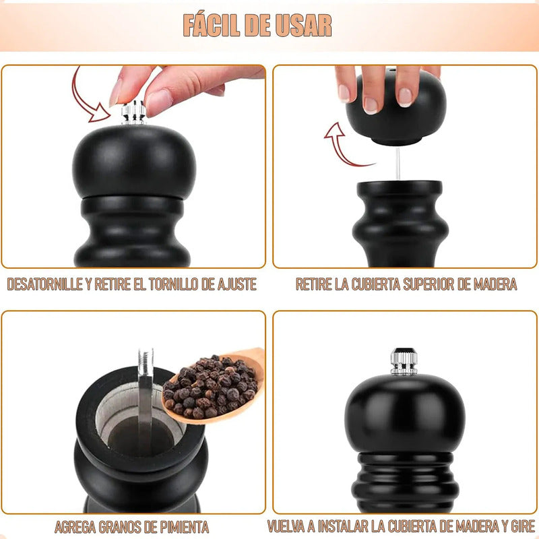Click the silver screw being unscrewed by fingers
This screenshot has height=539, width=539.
(x=133, y=113)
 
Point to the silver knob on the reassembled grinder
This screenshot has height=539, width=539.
(x=404, y=361)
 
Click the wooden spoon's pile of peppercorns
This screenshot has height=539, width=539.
(x=210, y=387)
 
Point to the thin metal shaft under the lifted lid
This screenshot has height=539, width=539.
(x=398, y=164)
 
